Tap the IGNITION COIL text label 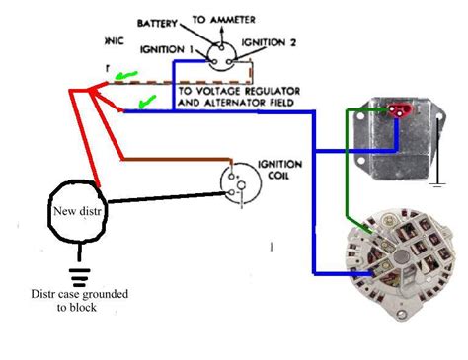(x=274, y=169)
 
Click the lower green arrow (x=146, y=101)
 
